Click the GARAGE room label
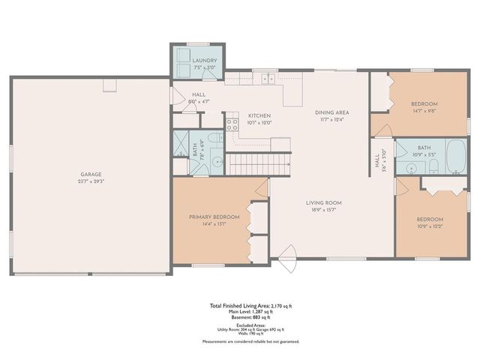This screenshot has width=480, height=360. click(91, 174)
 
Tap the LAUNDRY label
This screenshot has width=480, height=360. click(204, 61)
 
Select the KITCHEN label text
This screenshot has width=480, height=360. click(259, 116)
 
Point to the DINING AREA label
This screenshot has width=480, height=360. click(331, 112)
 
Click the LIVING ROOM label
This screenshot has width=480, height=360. click(323, 202)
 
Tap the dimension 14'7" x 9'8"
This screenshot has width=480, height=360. click(424, 110)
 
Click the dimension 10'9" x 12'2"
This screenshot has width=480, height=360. click(430, 226)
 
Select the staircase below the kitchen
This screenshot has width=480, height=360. click(259, 162)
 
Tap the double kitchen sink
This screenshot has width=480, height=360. click(265, 76)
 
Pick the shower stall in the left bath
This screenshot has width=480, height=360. click(182, 143)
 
